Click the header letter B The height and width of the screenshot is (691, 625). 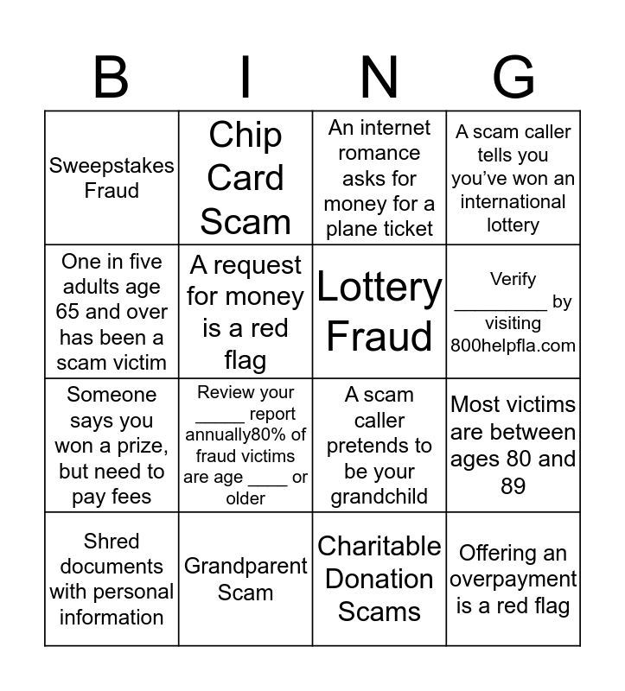(111, 77)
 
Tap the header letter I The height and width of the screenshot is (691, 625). (246, 77)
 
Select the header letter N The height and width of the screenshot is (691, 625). (379, 77)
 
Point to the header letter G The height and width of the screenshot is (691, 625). (513, 77)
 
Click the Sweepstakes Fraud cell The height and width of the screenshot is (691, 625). (112, 178)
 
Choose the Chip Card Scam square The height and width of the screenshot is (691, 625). (246, 178)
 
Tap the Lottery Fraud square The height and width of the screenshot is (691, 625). (379, 312)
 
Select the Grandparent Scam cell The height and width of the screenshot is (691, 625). (246, 580)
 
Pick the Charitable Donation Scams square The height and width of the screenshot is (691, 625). (379, 579)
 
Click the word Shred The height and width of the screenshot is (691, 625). (112, 542)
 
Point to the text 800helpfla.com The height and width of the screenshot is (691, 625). (513, 345)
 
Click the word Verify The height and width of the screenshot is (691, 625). (513, 279)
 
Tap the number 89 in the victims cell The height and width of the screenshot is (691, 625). (513, 486)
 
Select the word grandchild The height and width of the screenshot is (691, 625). (379, 497)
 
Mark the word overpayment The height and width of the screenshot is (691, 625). (513, 580)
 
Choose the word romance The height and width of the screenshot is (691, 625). (379, 153)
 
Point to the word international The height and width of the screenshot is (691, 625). (513, 202)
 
